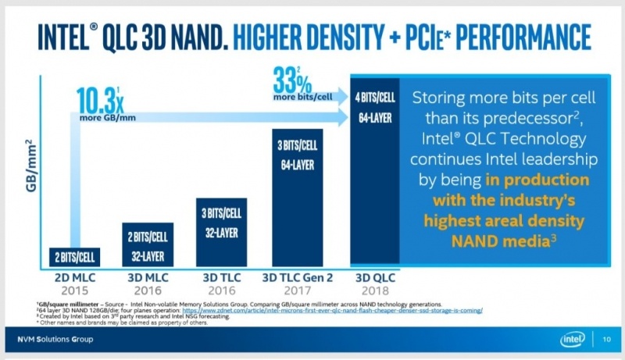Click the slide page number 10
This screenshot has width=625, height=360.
click(607, 339)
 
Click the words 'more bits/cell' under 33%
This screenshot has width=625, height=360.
click(302, 98)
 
